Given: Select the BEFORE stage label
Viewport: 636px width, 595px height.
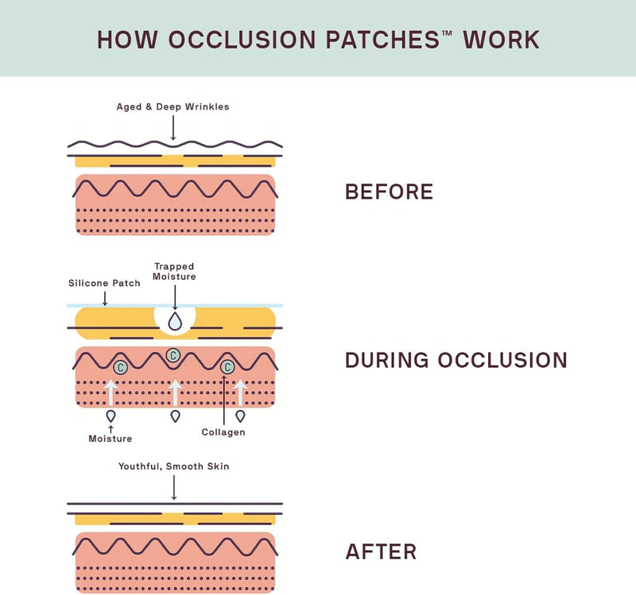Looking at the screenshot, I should tap(389, 192).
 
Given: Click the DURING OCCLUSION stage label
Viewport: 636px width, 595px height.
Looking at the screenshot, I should tap(456, 361).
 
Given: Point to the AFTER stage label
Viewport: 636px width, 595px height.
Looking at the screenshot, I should tap(380, 552).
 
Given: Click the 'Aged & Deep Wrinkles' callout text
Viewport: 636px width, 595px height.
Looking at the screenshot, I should tap(173, 106).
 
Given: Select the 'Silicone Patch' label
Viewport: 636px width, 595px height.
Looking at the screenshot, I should tap(104, 283).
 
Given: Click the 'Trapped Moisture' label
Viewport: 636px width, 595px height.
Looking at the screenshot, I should tap(174, 272).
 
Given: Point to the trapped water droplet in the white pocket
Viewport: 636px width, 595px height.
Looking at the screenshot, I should tap(174, 321).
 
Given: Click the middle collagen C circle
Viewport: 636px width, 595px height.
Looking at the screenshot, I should tap(173, 354).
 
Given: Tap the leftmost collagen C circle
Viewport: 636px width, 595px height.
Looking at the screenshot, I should tap(120, 367).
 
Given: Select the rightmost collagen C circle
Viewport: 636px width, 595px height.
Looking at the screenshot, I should tap(227, 367).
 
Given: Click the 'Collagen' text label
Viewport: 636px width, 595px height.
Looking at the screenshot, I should tap(223, 432).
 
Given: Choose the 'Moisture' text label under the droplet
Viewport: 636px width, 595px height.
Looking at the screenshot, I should tap(110, 438).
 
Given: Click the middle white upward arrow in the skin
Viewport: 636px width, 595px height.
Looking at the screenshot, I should tap(175, 392).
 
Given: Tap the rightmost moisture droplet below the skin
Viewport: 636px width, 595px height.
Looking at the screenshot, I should tap(239, 415).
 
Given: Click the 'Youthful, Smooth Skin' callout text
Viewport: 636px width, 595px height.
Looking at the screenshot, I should tap(173, 466).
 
